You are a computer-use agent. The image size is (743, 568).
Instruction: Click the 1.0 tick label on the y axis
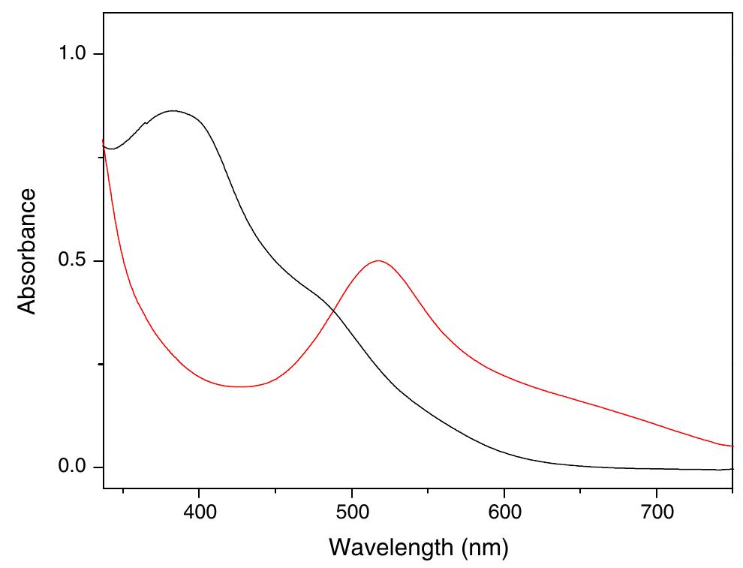click(x=74, y=54)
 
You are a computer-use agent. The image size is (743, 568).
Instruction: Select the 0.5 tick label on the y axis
click(x=74, y=261)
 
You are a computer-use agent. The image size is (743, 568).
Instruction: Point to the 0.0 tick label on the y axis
click(x=74, y=467)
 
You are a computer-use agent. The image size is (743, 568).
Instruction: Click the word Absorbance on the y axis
click(x=27, y=251)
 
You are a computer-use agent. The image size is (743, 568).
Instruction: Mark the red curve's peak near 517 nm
click(x=378, y=261)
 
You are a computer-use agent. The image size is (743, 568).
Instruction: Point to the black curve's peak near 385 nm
click(x=174, y=111)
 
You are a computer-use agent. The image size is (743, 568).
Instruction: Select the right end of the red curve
click(x=732, y=446)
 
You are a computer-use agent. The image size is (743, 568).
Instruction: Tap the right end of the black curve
click(x=732, y=469)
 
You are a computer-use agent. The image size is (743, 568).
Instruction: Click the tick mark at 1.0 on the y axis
click(x=99, y=54)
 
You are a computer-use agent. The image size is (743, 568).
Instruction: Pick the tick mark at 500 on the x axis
click(x=352, y=492)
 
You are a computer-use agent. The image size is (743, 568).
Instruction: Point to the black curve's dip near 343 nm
click(x=111, y=149)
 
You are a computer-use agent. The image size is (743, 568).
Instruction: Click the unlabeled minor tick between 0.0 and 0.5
click(x=100, y=365)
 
